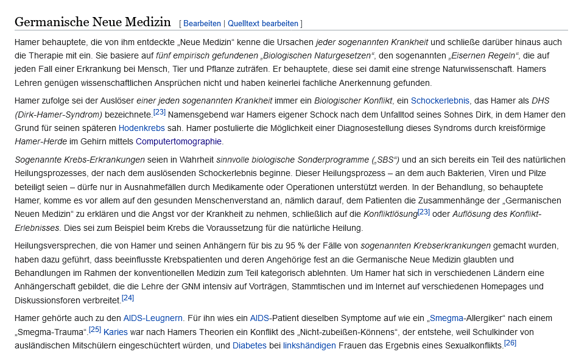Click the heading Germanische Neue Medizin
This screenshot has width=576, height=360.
coord(93,23)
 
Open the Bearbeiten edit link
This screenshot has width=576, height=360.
coord(202,24)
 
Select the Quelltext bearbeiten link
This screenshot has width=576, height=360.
coord(263,24)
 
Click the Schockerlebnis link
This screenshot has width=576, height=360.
coord(440,101)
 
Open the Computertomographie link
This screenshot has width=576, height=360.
coord(179,141)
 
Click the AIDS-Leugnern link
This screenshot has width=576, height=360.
coord(153,318)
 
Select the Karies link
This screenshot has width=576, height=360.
coord(116,332)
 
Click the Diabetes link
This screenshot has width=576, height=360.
coord(250,345)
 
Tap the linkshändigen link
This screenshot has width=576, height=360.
coord(309,345)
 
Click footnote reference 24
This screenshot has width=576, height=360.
coord(128,298)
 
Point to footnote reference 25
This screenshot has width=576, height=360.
coord(95,329)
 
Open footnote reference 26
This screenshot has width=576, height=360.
coord(510,343)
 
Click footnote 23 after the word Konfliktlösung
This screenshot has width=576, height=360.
coord(424,211)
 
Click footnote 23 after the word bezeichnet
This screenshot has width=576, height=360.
coord(160,111)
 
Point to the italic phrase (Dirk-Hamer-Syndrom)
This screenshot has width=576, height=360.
coord(58,115)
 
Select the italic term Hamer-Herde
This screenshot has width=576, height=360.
coord(40,141)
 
